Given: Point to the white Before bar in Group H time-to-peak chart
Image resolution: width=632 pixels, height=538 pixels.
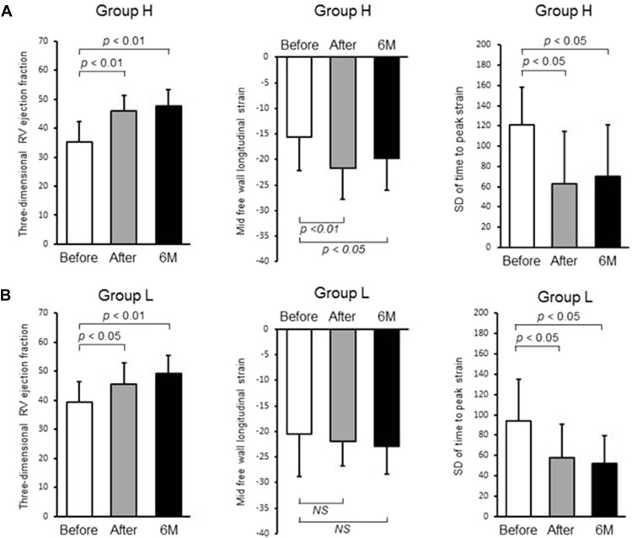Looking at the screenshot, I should pos(522,186).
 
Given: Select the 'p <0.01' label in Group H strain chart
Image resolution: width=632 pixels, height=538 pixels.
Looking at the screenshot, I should pos(320,229).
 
